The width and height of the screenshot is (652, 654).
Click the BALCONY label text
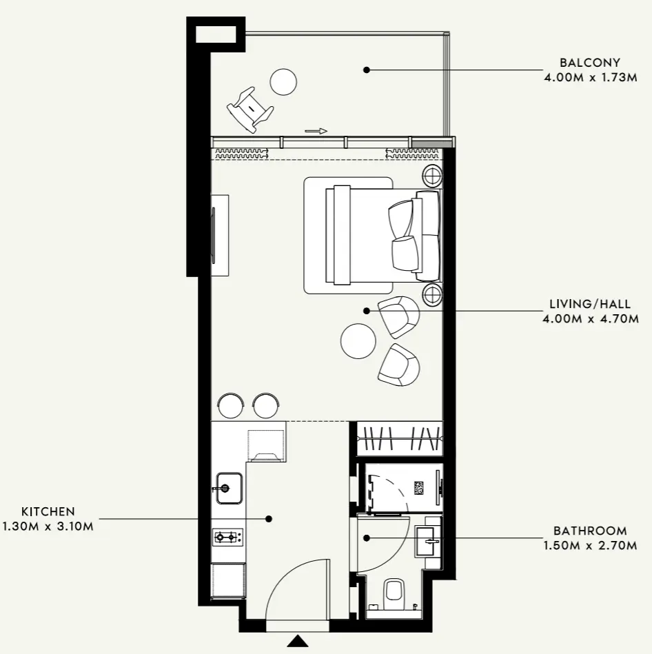point(590,63)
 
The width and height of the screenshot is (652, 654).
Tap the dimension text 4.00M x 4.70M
point(590,318)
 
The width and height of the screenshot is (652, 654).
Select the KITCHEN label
point(48,511)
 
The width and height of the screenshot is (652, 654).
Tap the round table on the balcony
point(284,82)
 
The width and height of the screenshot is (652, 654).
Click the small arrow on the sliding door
point(316,130)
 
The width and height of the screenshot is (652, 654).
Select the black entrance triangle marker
point(298,641)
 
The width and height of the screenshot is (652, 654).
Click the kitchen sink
point(228,488)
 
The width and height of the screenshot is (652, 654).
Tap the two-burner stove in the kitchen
point(227,536)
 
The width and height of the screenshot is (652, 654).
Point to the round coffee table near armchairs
point(358,340)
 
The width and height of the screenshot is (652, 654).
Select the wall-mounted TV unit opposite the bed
point(220,235)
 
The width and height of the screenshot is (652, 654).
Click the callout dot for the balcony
point(367,70)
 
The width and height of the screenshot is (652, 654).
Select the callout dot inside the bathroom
point(367,538)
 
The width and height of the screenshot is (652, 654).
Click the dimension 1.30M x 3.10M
point(48,527)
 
